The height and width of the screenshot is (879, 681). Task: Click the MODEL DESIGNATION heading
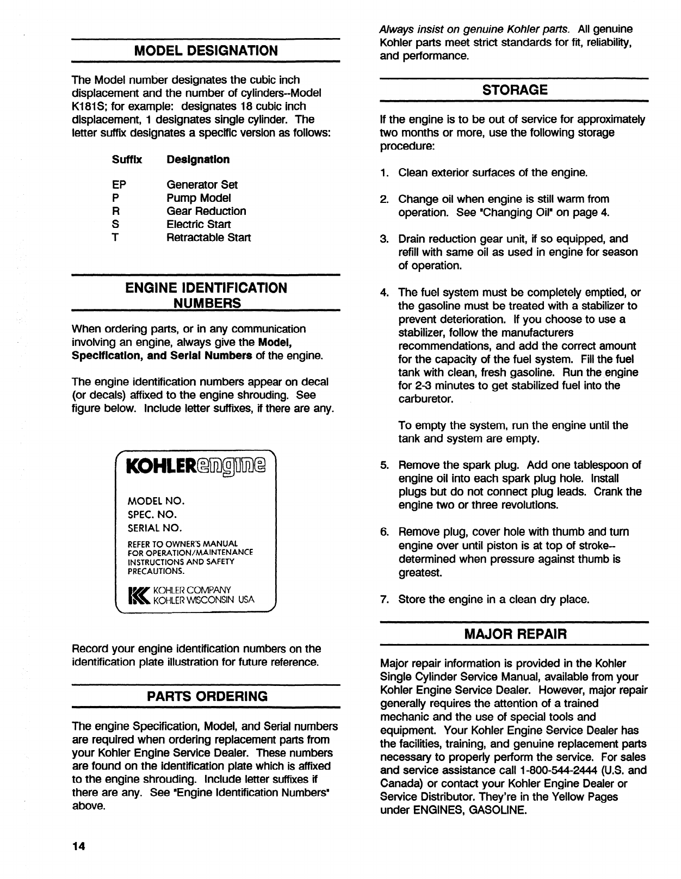[x=206, y=51]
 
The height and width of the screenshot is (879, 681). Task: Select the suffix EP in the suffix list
[x=119, y=185]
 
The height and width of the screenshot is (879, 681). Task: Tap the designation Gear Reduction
[x=206, y=211]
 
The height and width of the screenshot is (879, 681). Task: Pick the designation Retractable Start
[x=209, y=238]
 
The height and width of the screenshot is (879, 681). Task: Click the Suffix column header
[x=127, y=159]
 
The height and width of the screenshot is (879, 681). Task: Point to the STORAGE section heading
[x=515, y=90]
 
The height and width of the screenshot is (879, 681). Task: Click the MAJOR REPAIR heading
[x=515, y=634]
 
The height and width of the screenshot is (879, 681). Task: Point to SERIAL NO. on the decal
[x=154, y=528]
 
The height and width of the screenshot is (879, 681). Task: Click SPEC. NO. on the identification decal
[x=152, y=515]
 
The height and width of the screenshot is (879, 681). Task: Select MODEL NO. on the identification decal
[x=156, y=501]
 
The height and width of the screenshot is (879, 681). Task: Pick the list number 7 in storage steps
[x=384, y=599]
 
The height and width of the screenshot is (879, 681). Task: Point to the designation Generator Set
[x=202, y=185]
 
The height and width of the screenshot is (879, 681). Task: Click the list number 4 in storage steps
[x=384, y=293]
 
